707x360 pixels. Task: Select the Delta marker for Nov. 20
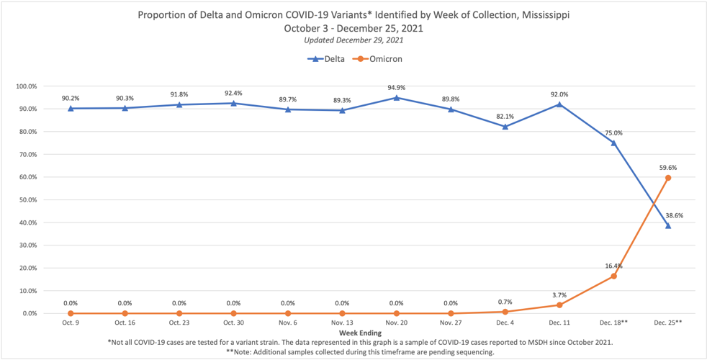[397, 97]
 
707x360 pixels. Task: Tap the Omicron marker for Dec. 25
[668, 178]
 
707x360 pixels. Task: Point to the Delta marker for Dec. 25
[668, 225]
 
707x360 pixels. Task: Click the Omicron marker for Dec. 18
[613, 276]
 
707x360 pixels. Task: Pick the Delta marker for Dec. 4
[505, 127]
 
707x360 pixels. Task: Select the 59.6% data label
[668, 167]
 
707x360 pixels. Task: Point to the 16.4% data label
[613, 265]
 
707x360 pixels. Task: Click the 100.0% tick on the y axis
[25, 86]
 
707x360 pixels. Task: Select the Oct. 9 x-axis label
[71, 323]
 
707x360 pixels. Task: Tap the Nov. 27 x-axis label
[451, 323]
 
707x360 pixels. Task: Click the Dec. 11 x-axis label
[559, 323]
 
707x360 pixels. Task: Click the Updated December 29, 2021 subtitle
[353, 40]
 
